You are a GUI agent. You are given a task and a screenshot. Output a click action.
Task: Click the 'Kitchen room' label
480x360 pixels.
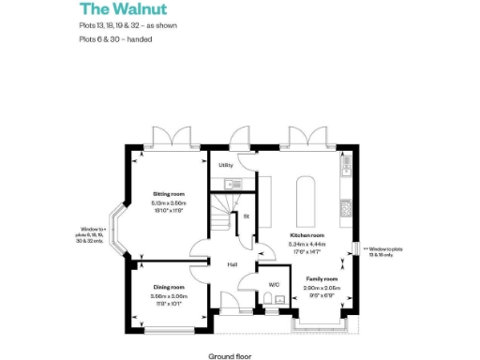click(306, 235)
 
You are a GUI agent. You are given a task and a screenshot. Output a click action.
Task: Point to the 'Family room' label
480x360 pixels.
click(322, 278)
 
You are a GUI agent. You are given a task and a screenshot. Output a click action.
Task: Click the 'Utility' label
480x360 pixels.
click(225, 165)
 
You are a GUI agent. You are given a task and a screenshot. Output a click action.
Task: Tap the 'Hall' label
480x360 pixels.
click(231, 264)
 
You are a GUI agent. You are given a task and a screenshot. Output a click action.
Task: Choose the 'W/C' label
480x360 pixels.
click(274, 284)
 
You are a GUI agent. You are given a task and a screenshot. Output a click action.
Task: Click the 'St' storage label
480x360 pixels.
click(246, 217)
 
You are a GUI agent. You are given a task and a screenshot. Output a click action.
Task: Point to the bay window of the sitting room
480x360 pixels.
click(120, 229)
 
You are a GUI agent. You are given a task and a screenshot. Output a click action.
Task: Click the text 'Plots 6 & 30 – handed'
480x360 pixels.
click(115, 39)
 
